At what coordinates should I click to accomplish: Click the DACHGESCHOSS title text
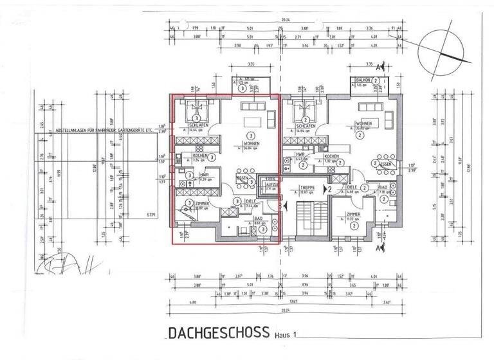point(219,333)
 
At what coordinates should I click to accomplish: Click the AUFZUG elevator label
point(267,183)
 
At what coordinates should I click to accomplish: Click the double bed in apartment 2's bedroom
point(300,112)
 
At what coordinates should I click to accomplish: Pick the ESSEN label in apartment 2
point(386,164)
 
